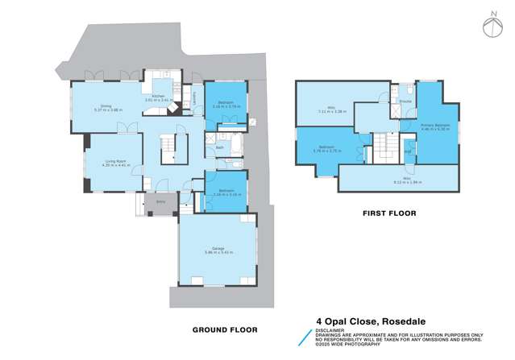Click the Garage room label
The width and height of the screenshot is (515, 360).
click(x=218, y=248)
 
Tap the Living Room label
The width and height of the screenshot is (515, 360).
click(x=114, y=162)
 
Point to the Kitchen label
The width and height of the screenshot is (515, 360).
click(x=159, y=97)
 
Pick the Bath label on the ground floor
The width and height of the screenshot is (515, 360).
click(x=220, y=147)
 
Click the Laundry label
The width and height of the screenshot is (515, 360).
click(x=196, y=98)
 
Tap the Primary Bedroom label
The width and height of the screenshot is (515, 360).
click(x=434, y=125)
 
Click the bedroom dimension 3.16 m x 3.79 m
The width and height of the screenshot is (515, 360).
click(x=223, y=107)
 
